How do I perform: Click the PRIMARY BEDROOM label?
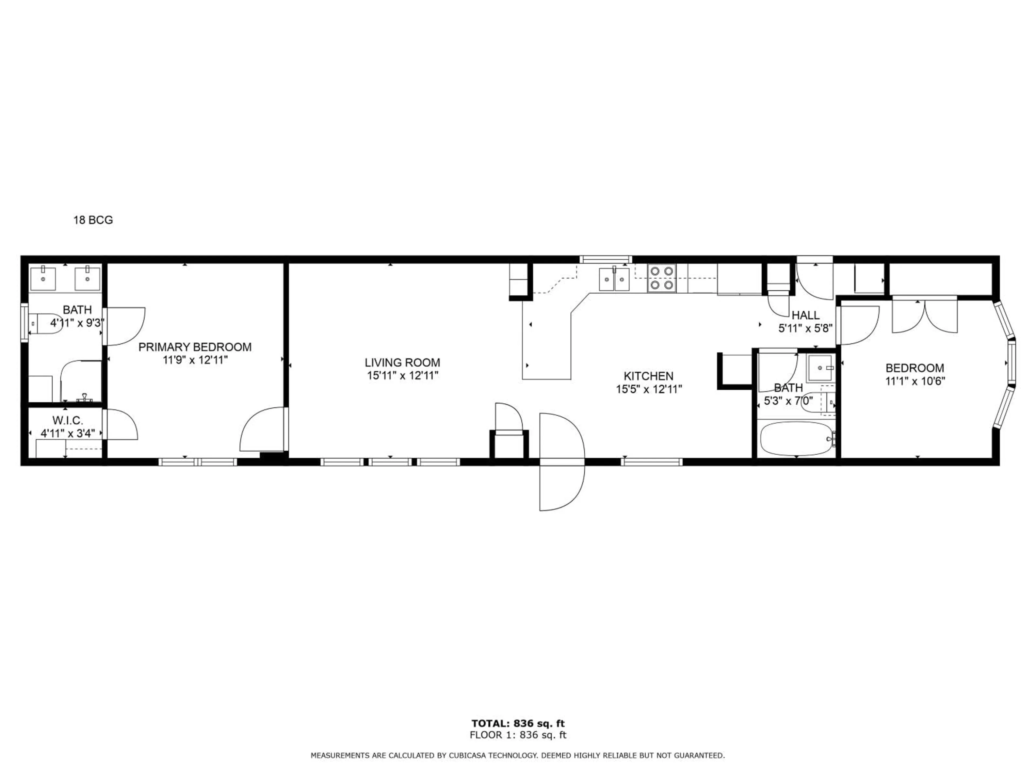click(x=195, y=347)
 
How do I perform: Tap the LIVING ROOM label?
click(x=402, y=363)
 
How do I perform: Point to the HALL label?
click(x=806, y=315)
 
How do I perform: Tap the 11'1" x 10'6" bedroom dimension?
click(x=915, y=381)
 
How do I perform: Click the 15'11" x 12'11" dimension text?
click(x=402, y=376)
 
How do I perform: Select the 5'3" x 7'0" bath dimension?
click(x=788, y=401)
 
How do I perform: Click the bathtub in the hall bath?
click(x=796, y=439)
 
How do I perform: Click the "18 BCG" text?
click(x=93, y=220)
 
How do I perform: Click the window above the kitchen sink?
click(x=606, y=259)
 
